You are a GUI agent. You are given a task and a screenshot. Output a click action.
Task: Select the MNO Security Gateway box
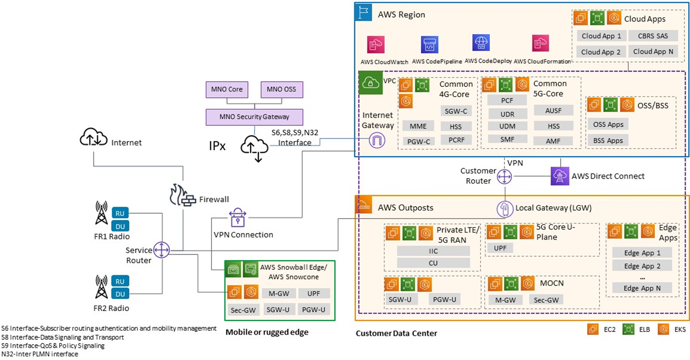coord(255,117)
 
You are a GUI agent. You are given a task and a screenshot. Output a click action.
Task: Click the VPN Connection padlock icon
coord(238,218)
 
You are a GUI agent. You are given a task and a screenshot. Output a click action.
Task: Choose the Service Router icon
coord(162,250)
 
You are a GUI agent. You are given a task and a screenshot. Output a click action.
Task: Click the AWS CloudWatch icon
coord(376,45)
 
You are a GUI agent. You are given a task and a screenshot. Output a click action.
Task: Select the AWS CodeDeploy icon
coord(481,43)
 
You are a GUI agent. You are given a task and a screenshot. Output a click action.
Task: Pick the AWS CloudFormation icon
coord(540,44)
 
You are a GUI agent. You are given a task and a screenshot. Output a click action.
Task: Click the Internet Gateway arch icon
coord(377,140)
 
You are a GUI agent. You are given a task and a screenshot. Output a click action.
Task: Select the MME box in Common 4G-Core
coord(418,126)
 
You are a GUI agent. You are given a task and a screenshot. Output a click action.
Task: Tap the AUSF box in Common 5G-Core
coord(554,110)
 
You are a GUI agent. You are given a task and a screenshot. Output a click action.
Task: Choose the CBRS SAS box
coord(653,36)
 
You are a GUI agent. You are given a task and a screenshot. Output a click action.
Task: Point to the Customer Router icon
coord(504,177)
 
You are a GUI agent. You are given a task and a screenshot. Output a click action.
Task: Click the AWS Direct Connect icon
coord(559,176)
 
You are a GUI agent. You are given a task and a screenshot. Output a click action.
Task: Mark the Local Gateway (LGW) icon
coord(505,208)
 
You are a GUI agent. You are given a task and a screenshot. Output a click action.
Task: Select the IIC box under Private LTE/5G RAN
coord(433,251)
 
